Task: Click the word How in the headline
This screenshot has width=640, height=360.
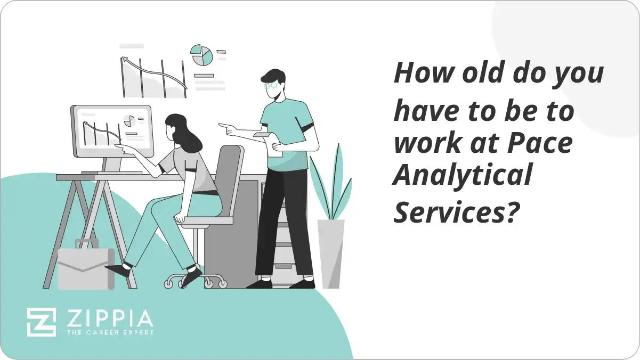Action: tap(419, 72)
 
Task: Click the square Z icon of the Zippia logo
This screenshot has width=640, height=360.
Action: tap(41, 322)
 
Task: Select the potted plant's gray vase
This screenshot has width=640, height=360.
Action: tap(330, 253)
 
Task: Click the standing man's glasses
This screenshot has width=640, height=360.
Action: tap(271, 85)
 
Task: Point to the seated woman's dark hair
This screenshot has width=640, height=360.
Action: tap(183, 133)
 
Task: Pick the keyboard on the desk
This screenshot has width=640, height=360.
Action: tap(112, 173)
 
